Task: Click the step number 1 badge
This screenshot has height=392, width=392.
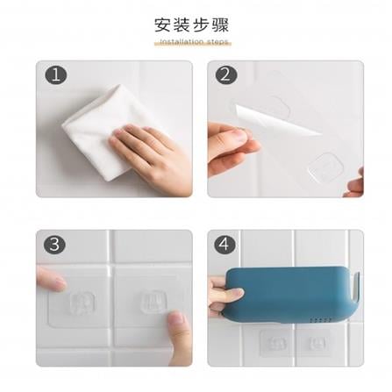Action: tap(56, 75)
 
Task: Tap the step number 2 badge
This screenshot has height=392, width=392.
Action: tap(226, 75)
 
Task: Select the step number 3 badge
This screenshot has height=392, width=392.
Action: tap(54, 245)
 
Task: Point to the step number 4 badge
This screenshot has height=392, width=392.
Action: tap(225, 245)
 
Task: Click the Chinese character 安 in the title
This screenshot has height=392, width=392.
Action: tap(163, 25)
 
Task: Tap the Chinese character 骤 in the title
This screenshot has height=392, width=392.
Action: tap(221, 25)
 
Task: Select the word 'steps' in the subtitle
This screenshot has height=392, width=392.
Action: tap(217, 42)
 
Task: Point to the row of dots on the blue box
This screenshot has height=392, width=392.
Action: tap(321, 320)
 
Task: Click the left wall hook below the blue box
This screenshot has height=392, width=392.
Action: tap(274, 343)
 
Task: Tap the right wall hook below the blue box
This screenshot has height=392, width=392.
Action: tap(317, 343)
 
